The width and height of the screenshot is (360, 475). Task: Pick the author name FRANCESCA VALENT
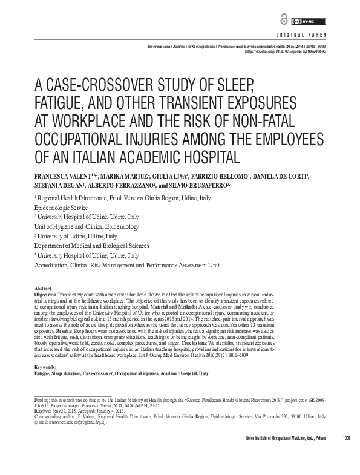click(x=59, y=176)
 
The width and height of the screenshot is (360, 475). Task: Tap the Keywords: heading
click(x=46, y=367)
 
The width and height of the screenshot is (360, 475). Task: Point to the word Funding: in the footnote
click(x=43, y=401)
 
